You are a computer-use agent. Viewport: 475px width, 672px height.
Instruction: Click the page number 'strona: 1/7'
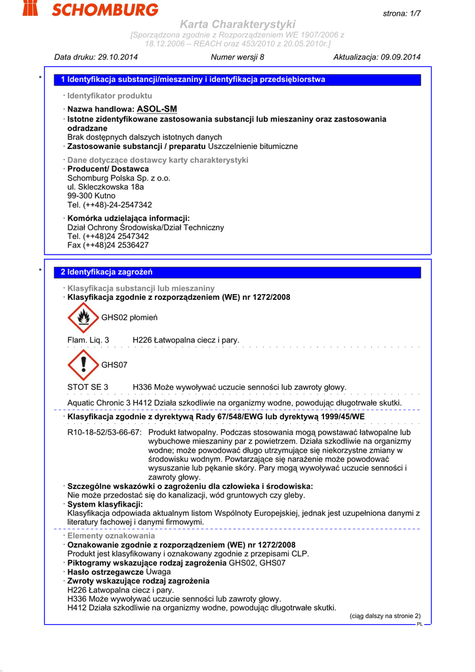point(402,14)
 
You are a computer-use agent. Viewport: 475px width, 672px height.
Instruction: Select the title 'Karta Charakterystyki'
point(237,24)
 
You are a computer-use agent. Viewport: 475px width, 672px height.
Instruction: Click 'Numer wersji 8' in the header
point(237,57)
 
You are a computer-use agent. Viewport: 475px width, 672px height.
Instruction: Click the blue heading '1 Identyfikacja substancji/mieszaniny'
point(193,79)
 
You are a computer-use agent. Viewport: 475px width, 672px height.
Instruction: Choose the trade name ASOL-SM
point(157,109)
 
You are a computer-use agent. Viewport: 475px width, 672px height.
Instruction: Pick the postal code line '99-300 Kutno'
point(91,196)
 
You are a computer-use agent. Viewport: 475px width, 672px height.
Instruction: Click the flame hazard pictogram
point(83,318)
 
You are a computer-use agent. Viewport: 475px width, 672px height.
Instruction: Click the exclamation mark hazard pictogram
point(83,365)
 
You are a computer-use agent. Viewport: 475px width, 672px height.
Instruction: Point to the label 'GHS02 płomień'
point(129,318)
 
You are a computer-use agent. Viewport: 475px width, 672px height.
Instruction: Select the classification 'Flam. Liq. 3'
point(89,340)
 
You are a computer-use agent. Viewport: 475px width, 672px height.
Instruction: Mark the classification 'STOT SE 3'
point(88,387)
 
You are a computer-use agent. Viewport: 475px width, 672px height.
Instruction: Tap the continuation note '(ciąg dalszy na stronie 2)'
point(384,616)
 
